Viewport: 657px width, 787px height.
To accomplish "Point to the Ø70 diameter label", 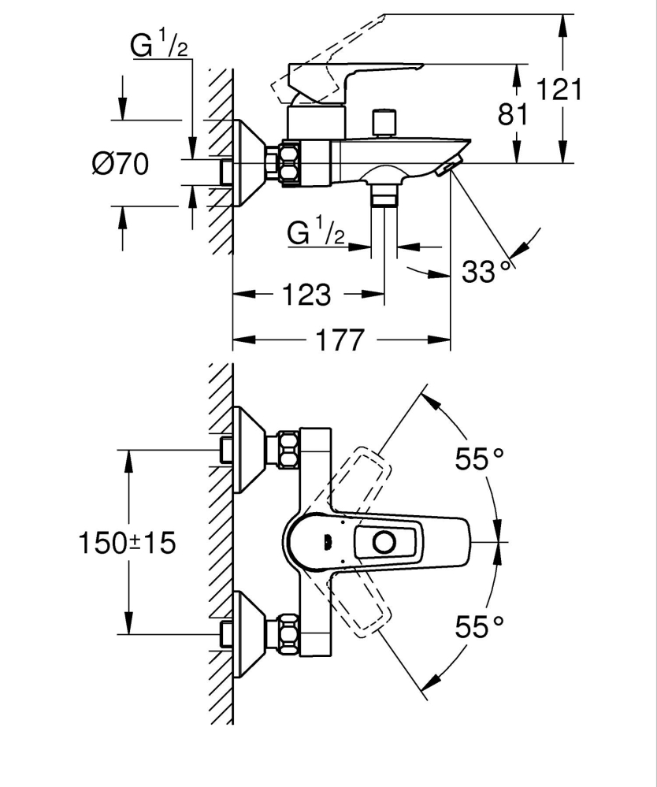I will [x=121, y=164].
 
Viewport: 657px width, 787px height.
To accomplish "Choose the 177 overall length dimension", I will [x=341, y=340].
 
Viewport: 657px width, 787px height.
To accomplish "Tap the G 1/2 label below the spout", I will [x=316, y=232].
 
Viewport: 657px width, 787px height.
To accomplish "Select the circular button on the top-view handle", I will [x=384, y=542].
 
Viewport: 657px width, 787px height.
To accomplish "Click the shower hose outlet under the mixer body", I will [x=384, y=195].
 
